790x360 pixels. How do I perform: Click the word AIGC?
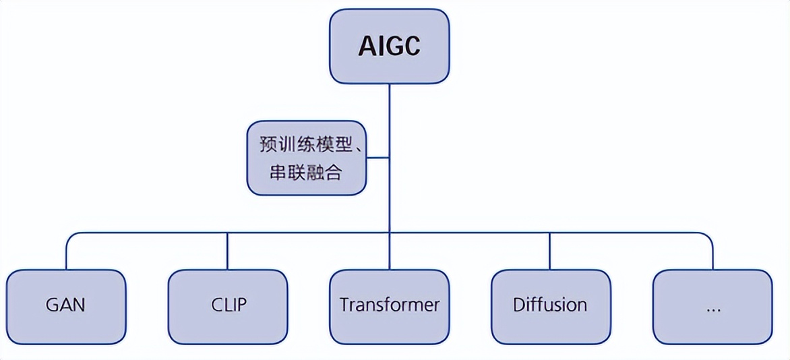[389, 47]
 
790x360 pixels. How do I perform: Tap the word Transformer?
[389, 305]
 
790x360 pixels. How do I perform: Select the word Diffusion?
[550, 305]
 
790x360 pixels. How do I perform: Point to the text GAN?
[66, 305]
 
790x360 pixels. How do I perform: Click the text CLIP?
[228, 305]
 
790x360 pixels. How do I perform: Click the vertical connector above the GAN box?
[66, 251]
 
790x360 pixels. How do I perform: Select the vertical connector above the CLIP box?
[228, 251]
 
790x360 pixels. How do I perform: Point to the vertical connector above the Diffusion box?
[550, 251]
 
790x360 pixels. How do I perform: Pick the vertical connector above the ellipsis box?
[712, 251]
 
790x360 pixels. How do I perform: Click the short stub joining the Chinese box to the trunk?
[378, 158]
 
